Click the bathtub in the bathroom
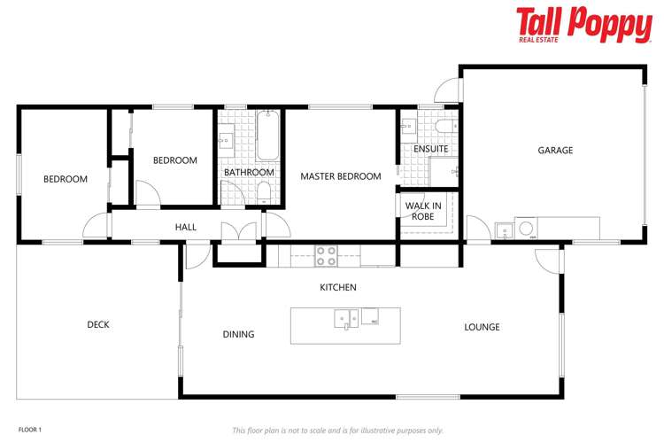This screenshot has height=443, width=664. (267, 134)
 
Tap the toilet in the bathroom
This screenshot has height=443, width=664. (263, 190)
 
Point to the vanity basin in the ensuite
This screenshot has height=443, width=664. (407, 127)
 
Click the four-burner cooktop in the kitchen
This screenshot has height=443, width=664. (327, 255)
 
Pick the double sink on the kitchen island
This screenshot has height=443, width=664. (345, 316)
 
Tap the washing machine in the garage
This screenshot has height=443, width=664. (526, 229)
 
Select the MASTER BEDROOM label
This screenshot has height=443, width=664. (341, 176)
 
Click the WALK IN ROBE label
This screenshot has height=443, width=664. (422, 211)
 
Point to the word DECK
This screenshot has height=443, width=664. (98, 324)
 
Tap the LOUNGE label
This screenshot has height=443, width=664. (482, 327)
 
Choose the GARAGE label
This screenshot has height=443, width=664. (555, 150)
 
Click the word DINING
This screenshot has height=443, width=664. (238, 334)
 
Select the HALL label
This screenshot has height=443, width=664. (186, 227)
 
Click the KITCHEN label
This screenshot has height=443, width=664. (338, 287)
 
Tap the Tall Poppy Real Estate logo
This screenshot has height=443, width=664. (583, 24)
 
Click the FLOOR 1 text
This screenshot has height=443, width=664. (30, 430)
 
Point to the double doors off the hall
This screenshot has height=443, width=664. (239, 232)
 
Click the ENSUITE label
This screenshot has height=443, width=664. (431, 149)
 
